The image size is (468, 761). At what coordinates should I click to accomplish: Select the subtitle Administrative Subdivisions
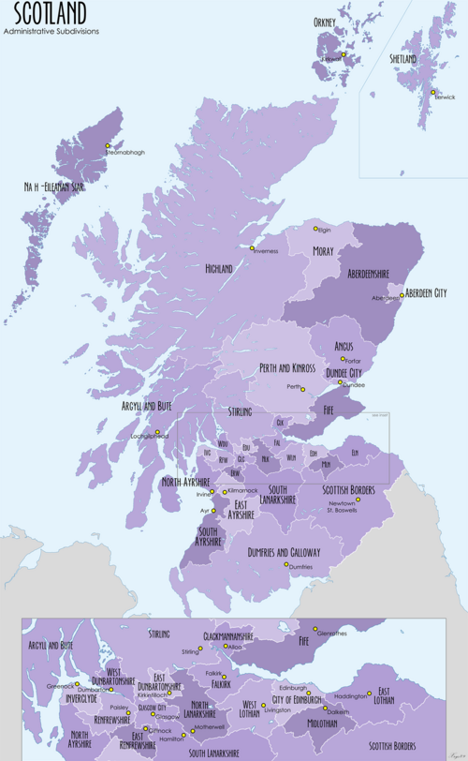pyautogui.click(x=51, y=31)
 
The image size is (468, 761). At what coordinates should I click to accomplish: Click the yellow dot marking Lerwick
pyautogui.click(x=433, y=92)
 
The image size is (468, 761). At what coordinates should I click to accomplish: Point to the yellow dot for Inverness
pyautogui.click(x=252, y=247)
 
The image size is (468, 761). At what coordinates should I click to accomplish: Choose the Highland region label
pyautogui.click(x=218, y=269)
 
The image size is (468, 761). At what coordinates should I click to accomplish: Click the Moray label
pyautogui.click(x=323, y=251)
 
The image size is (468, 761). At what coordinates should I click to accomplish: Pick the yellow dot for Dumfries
pyautogui.click(x=286, y=564)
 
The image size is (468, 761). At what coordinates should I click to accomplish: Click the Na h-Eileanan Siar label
pyautogui.click(x=61, y=188)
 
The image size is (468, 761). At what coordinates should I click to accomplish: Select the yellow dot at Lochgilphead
pyautogui.click(x=158, y=432)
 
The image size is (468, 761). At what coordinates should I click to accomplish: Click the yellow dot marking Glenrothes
pyautogui.click(x=315, y=629)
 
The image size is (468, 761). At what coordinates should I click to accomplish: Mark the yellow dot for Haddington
pyautogui.click(x=369, y=694)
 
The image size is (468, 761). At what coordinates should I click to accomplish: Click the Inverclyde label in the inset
pyautogui.click(x=77, y=699)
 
